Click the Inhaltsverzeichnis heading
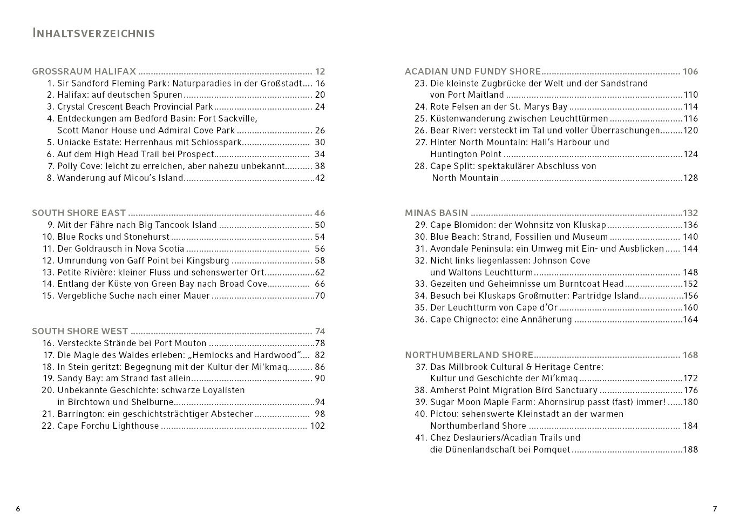coord(93,33)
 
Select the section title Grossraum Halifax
coord(84,71)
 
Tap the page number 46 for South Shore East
coord(320,213)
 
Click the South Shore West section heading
coord(80,331)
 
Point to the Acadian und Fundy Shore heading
coord(472,71)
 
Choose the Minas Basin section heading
coord(436,213)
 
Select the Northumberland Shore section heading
coord(469,355)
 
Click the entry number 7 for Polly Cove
coord(51,166)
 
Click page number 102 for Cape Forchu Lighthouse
coord(317,426)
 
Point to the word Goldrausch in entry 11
coord(95,248)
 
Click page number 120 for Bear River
coord(690,130)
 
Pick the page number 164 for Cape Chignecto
coord(690,319)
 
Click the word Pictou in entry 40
coord(444,414)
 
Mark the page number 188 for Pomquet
coord(690,449)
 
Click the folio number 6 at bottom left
coord(18,509)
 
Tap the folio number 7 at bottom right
coord(715,509)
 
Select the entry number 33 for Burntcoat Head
coord(420,284)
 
